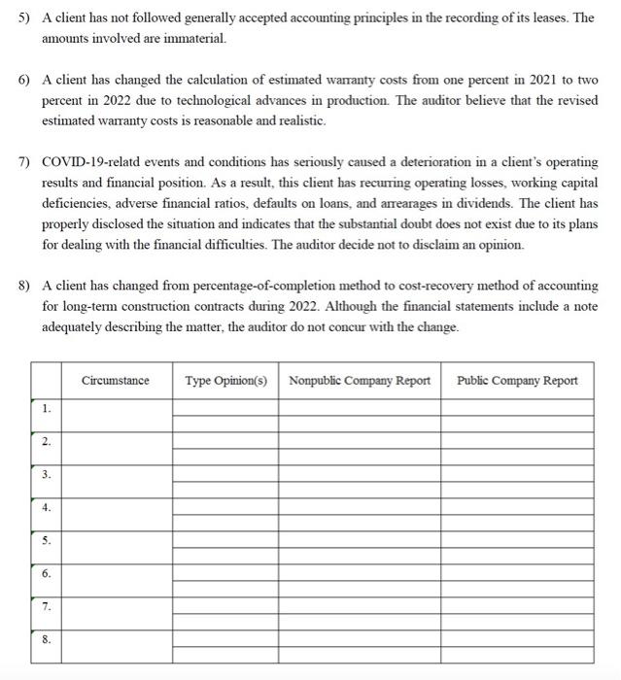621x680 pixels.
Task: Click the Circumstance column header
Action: tap(116, 380)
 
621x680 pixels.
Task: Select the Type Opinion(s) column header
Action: tap(225, 380)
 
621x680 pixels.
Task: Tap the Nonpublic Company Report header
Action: tap(359, 380)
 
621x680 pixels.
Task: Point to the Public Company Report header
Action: tap(517, 380)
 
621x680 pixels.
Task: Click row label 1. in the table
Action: tap(46, 409)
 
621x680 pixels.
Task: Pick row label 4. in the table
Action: tap(46, 507)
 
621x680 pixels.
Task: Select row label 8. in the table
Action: tap(46, 639)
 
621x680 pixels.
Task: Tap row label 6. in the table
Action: tap(46, 573)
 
